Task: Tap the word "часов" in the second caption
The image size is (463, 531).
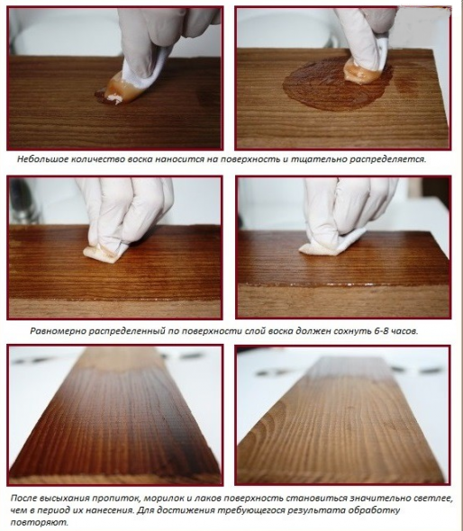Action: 404,331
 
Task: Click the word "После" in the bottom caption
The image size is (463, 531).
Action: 23,499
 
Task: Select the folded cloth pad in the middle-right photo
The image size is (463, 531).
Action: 325,247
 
